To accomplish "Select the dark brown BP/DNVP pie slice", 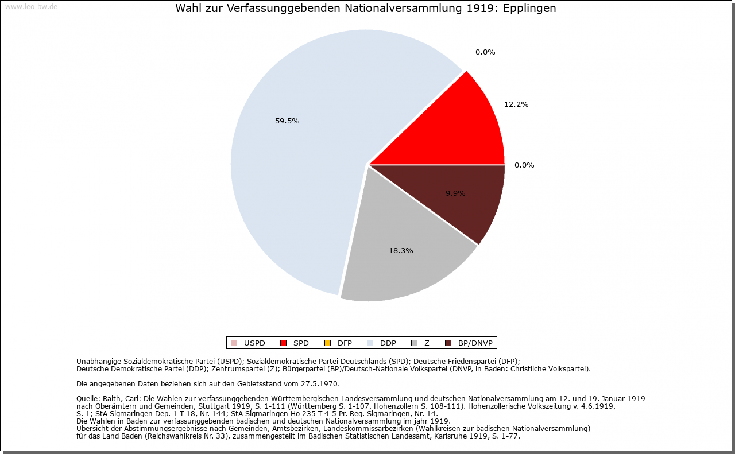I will pos(471,201).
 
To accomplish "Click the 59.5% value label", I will pos(287,121).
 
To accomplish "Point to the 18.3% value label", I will pos(401,251).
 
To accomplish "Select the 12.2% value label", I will pos(516,104).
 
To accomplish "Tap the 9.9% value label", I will pos(455,193).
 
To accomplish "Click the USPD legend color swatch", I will pos(234,343).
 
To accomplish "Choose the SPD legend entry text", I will pos(301,343).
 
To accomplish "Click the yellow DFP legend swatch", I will pos(327,343).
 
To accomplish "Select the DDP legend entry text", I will pos(388,343).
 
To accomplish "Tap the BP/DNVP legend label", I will pos(475,343).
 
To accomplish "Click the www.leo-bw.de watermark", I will pos(31,7).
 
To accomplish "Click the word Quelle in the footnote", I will pos(88,398).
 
